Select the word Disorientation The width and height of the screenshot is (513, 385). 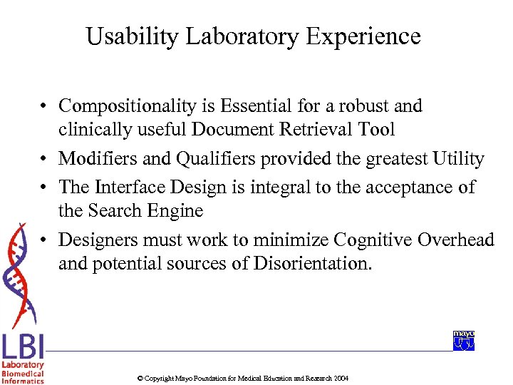[x=312, y=264]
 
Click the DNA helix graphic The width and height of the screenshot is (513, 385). [x=21, y=274]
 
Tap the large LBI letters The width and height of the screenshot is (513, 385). [x=23, y=347]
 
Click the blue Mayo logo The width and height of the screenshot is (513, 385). [x=463, y=341]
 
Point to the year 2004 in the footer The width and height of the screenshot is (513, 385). [x=341, y=378]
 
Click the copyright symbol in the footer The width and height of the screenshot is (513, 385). [x=140, y=378]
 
